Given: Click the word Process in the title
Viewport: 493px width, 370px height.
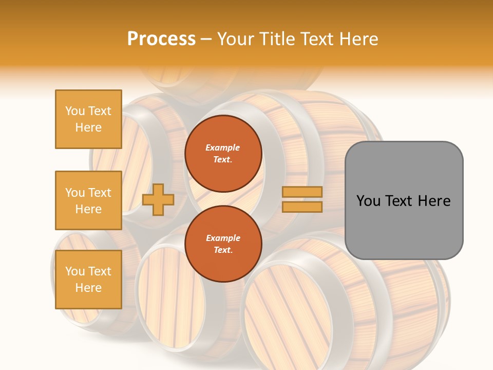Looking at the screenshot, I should pyautogui.click(x=161, y=39).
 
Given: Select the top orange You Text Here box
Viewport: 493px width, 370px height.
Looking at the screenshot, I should pyautogui.click(x=88, y=119).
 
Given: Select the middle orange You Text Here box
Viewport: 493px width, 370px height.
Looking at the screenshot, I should pyautogui.click(x=88, y=200).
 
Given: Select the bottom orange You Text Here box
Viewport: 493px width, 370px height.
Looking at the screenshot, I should pyautogui.click(x=88, y=280).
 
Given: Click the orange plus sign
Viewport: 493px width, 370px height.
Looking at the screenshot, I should pyautogui.click(x=158, y=199).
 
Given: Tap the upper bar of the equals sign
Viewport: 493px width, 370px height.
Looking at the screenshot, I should pyautogui.click(x=302, y=192).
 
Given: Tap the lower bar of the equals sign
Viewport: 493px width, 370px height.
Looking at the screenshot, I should pyautogui.click(x=302, y=207).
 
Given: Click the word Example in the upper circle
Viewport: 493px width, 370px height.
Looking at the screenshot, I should pyautogui.click(x=223, y=147).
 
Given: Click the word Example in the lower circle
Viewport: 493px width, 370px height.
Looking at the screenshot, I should pyautogui.click(x=223, y=238).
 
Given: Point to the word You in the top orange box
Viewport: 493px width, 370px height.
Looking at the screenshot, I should pyautogui.click(x=75, y=111).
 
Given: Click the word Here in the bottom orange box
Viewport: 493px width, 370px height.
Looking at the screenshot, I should pyautogui.click(x=88, y=288).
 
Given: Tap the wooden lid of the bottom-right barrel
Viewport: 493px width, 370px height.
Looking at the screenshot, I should pyautogui.click(x=288, y=313).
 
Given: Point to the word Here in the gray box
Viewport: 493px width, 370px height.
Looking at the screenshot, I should pyautogui.click(x=434, y=201).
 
